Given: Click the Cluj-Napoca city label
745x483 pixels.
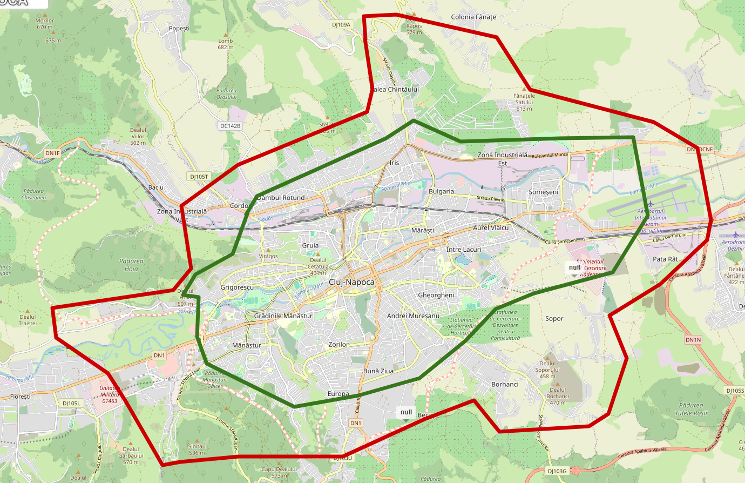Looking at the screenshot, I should (x=351, y=282).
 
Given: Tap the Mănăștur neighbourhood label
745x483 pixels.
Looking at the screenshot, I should (x=246, y=345).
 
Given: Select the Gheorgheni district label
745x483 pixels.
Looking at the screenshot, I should (x=436, y=295).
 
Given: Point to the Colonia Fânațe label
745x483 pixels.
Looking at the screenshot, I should (x=473, y=17).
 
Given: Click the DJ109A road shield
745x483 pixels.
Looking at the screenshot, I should (x=341, y=24).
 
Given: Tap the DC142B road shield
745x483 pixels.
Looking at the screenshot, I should (x=231, y=126).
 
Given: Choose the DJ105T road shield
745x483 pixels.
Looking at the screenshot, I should (x=199, y=177).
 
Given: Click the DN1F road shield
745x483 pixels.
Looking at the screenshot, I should (x=52, y=153).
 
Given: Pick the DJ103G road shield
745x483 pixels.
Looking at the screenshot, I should (x=557, y=471).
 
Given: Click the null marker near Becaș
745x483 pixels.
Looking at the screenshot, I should (x=407, y=413).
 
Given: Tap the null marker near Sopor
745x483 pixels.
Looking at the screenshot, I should (x=574, y=267).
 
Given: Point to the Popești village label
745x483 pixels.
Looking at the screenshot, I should (x=179, y=28).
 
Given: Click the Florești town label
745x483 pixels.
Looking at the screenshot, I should (x=21, y=397).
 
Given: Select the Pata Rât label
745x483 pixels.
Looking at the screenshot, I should (x=665, y=259).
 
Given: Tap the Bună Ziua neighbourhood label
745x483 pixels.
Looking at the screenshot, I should (x=378, y=371).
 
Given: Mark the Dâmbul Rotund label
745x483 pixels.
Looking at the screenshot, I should (x=281, y=198).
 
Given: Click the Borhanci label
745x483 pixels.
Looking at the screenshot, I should (x=505, y=384).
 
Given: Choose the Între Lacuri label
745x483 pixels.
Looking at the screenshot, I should (x=464, y=250).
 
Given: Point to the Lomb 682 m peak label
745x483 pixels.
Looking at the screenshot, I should (x=226, y=44).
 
